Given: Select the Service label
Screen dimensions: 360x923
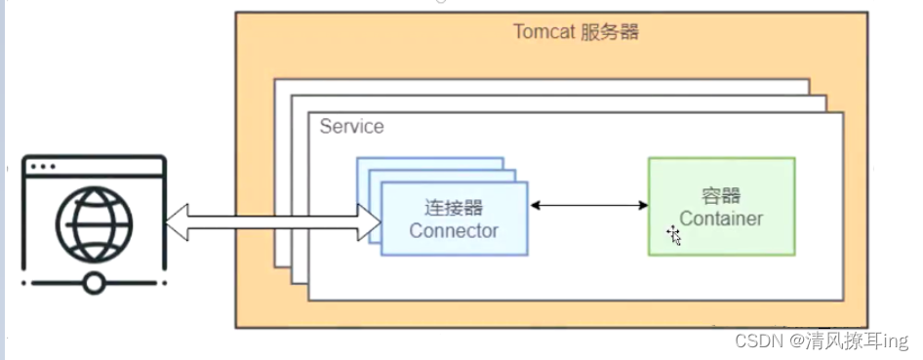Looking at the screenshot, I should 351,127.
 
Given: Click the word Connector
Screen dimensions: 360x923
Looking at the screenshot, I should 453,231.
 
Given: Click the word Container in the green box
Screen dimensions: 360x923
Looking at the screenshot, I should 721,219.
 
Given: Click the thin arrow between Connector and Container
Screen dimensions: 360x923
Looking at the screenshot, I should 588,205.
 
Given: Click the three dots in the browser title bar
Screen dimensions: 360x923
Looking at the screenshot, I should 43,167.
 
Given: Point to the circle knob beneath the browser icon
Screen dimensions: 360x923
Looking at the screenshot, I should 94,284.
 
